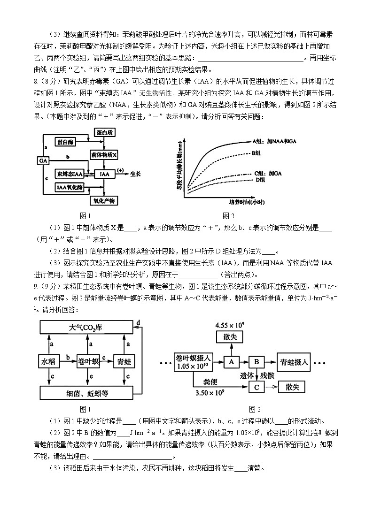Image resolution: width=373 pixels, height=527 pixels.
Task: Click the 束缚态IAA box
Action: [x=70, y=174]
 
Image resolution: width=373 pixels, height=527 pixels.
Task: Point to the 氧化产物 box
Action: [x=104, y=201]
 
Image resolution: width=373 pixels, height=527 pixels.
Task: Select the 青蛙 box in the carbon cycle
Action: [x=124, y=361]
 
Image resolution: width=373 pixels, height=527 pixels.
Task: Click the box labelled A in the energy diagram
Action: [x=231, y=361]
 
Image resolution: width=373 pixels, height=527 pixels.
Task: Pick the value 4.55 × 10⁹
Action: [x=230, y=325]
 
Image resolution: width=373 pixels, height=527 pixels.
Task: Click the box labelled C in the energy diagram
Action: [x=256, y=387]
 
